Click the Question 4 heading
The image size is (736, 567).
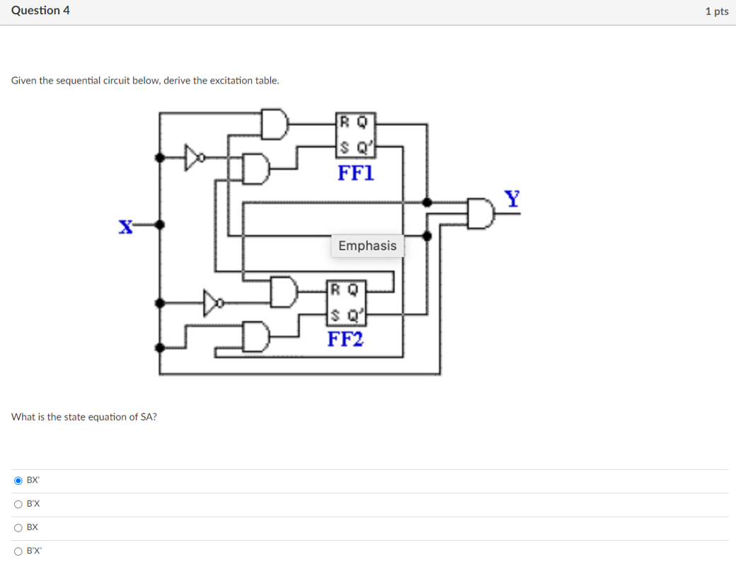pyautogui.click(x=40, y=11)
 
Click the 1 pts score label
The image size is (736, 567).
pyautogui.click(x=716, y=11)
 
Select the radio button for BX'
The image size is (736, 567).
pyautogui.click(x=18, y=481)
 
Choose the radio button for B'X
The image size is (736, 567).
pyautogui.click(x=18, y=504)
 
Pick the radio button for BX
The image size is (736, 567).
pyautogui.click(x=18, y=527)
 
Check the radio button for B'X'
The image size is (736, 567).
pyautogui.click(x=18, y=551)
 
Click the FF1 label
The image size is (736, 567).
pyautogui.click(x=356, y=173)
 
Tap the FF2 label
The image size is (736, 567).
pyautogui.click(x=345, y=339)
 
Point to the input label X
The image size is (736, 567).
pyautogui.click(x=125, y=227)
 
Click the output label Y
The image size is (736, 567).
pyautogui.click(x=512, y=198)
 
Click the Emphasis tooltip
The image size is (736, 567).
pyautogui.click(x=367, y=246)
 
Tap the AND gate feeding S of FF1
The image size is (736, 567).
pyautogui.click(x=256, y=168)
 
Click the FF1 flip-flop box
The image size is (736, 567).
pyautogui.click(x=355, y=134)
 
